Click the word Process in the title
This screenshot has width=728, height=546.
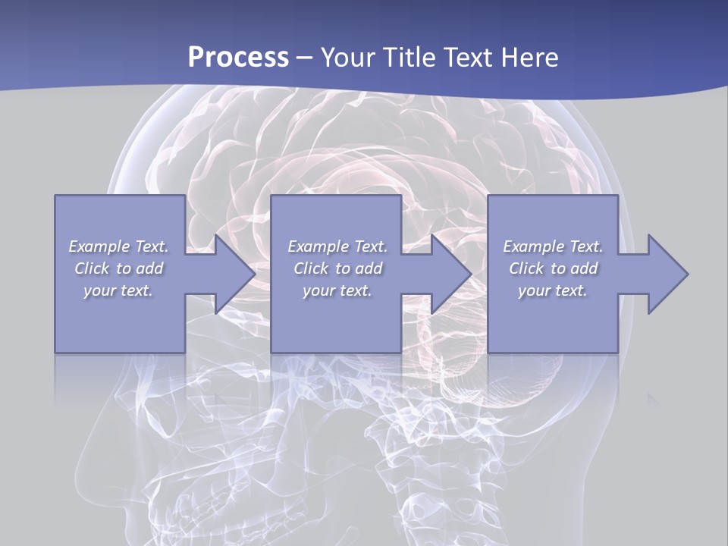(x=238, y=58)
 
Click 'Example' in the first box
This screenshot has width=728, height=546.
(x=99, y=246)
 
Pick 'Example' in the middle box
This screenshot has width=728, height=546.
(x=317, y=246)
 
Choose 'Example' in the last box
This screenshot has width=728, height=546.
(x=532, y=246)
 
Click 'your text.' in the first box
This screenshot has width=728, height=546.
(x=118, y=290)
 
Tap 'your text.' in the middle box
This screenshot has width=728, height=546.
(x=337, y=290)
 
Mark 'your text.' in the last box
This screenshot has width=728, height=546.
(x=552, y=290)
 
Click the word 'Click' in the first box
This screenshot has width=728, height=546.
(x=92, y=268)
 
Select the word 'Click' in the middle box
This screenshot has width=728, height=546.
(x=311, y=268)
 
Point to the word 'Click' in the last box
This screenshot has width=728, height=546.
(x=526, y=268)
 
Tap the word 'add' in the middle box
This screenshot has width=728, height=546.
(x=369, y=268)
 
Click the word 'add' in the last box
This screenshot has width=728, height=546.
(x=584, y=268)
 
